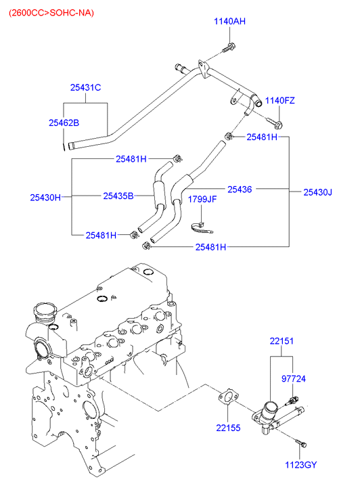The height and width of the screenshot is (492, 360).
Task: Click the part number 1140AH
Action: [x=230, y=22]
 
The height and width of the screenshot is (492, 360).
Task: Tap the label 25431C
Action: [x=85, y=87]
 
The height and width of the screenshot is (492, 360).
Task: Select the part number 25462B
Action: [x=64, y=122]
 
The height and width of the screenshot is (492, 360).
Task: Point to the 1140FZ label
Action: [x=280, y=100]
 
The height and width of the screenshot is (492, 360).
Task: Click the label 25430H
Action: [x=45, y=198]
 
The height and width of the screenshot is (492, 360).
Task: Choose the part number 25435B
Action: [x=118, y=196]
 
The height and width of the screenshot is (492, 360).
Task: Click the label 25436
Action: [x=240, y=189]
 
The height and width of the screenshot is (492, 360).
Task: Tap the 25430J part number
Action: [x=317, y=192]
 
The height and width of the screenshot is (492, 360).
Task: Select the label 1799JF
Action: [x=202, y=199]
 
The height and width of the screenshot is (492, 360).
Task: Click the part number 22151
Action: [x=282, y=341]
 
